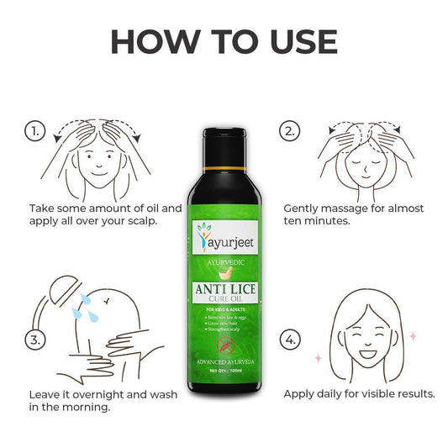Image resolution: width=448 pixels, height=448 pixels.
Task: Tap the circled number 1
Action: (34, 132)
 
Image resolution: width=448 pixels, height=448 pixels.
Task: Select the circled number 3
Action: (34, 340)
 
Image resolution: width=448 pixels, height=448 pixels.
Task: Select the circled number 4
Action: (289, 340)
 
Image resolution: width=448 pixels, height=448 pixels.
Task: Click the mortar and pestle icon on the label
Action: (224, 274)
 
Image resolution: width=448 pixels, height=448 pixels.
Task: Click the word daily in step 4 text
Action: (332, 393)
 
